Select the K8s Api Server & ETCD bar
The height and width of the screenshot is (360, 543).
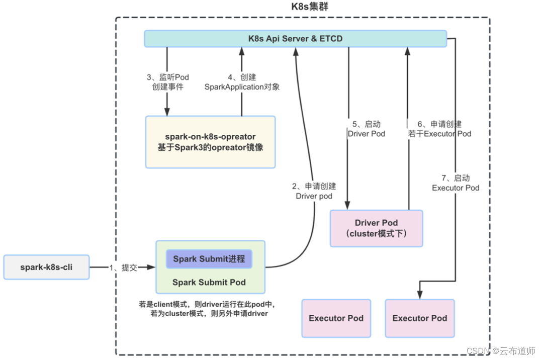(x=295, y=39)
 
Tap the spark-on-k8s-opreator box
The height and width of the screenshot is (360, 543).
(x=210, y=142)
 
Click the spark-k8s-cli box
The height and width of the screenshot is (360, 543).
(x=46, y=267)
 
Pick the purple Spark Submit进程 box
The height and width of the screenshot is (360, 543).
(x=209, y=259)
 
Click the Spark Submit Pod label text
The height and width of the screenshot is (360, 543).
(x=209, y=282)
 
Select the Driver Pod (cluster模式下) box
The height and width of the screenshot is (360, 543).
(x=376, y=228)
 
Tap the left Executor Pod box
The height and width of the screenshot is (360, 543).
(x=336, y=318)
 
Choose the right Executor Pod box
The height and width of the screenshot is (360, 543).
(x=419, y=318)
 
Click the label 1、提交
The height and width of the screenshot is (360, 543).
(x=123, y=267)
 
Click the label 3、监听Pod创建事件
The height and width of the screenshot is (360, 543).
(x=168, y=82)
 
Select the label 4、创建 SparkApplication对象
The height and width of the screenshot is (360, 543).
(x=242, y=82)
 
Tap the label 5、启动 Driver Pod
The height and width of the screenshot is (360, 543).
(x=366, y=129)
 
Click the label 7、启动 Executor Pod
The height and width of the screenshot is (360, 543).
(x=456, y=183)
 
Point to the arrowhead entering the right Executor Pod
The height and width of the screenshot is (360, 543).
(x=419, y=295)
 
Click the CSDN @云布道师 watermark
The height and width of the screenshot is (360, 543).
(x=500, y=350)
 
